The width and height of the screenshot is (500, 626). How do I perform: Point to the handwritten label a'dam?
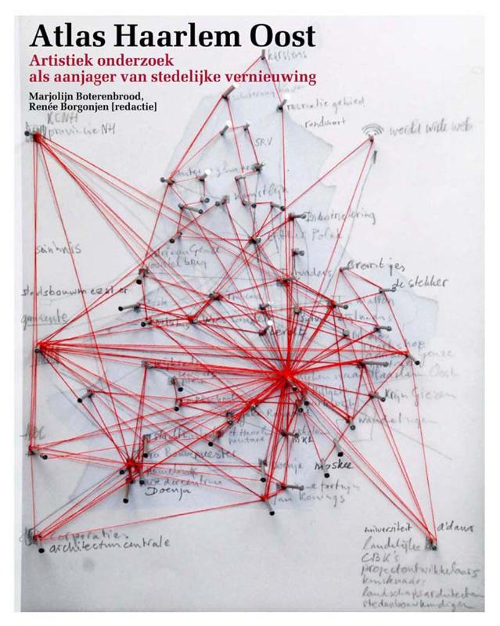coord(456,531)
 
